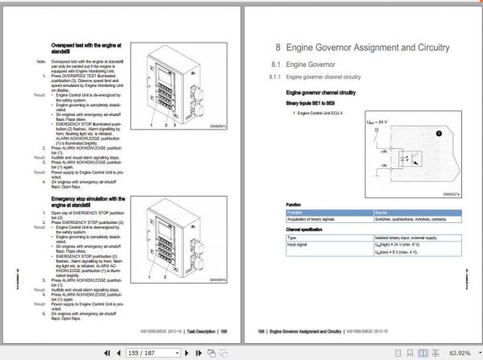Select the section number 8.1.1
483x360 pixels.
click(x=275, y=77)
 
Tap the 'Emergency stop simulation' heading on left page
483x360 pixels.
click(x=88, y=201)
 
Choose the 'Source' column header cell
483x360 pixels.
click(x=382, y=213)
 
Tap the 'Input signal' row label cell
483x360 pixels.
click(x=299, y=246)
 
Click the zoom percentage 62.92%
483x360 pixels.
click(x=460, y=352)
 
